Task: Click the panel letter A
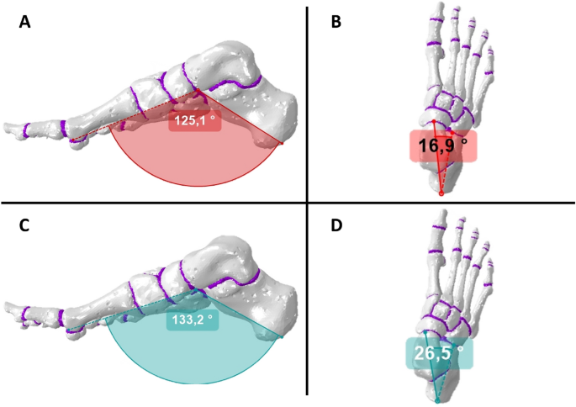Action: (x=24, y=22)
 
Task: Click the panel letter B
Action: (x=336, y=22)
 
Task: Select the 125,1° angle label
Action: (x=194, y=121)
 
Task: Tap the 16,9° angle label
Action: (x=443, y=145)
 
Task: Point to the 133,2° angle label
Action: (x=194, y=320)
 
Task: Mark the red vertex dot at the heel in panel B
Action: (x=441, y=194)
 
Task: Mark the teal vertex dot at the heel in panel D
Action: (x=437, y=401)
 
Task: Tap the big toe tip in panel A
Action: (x=10, y=129)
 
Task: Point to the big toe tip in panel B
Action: (x=436, y=10)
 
